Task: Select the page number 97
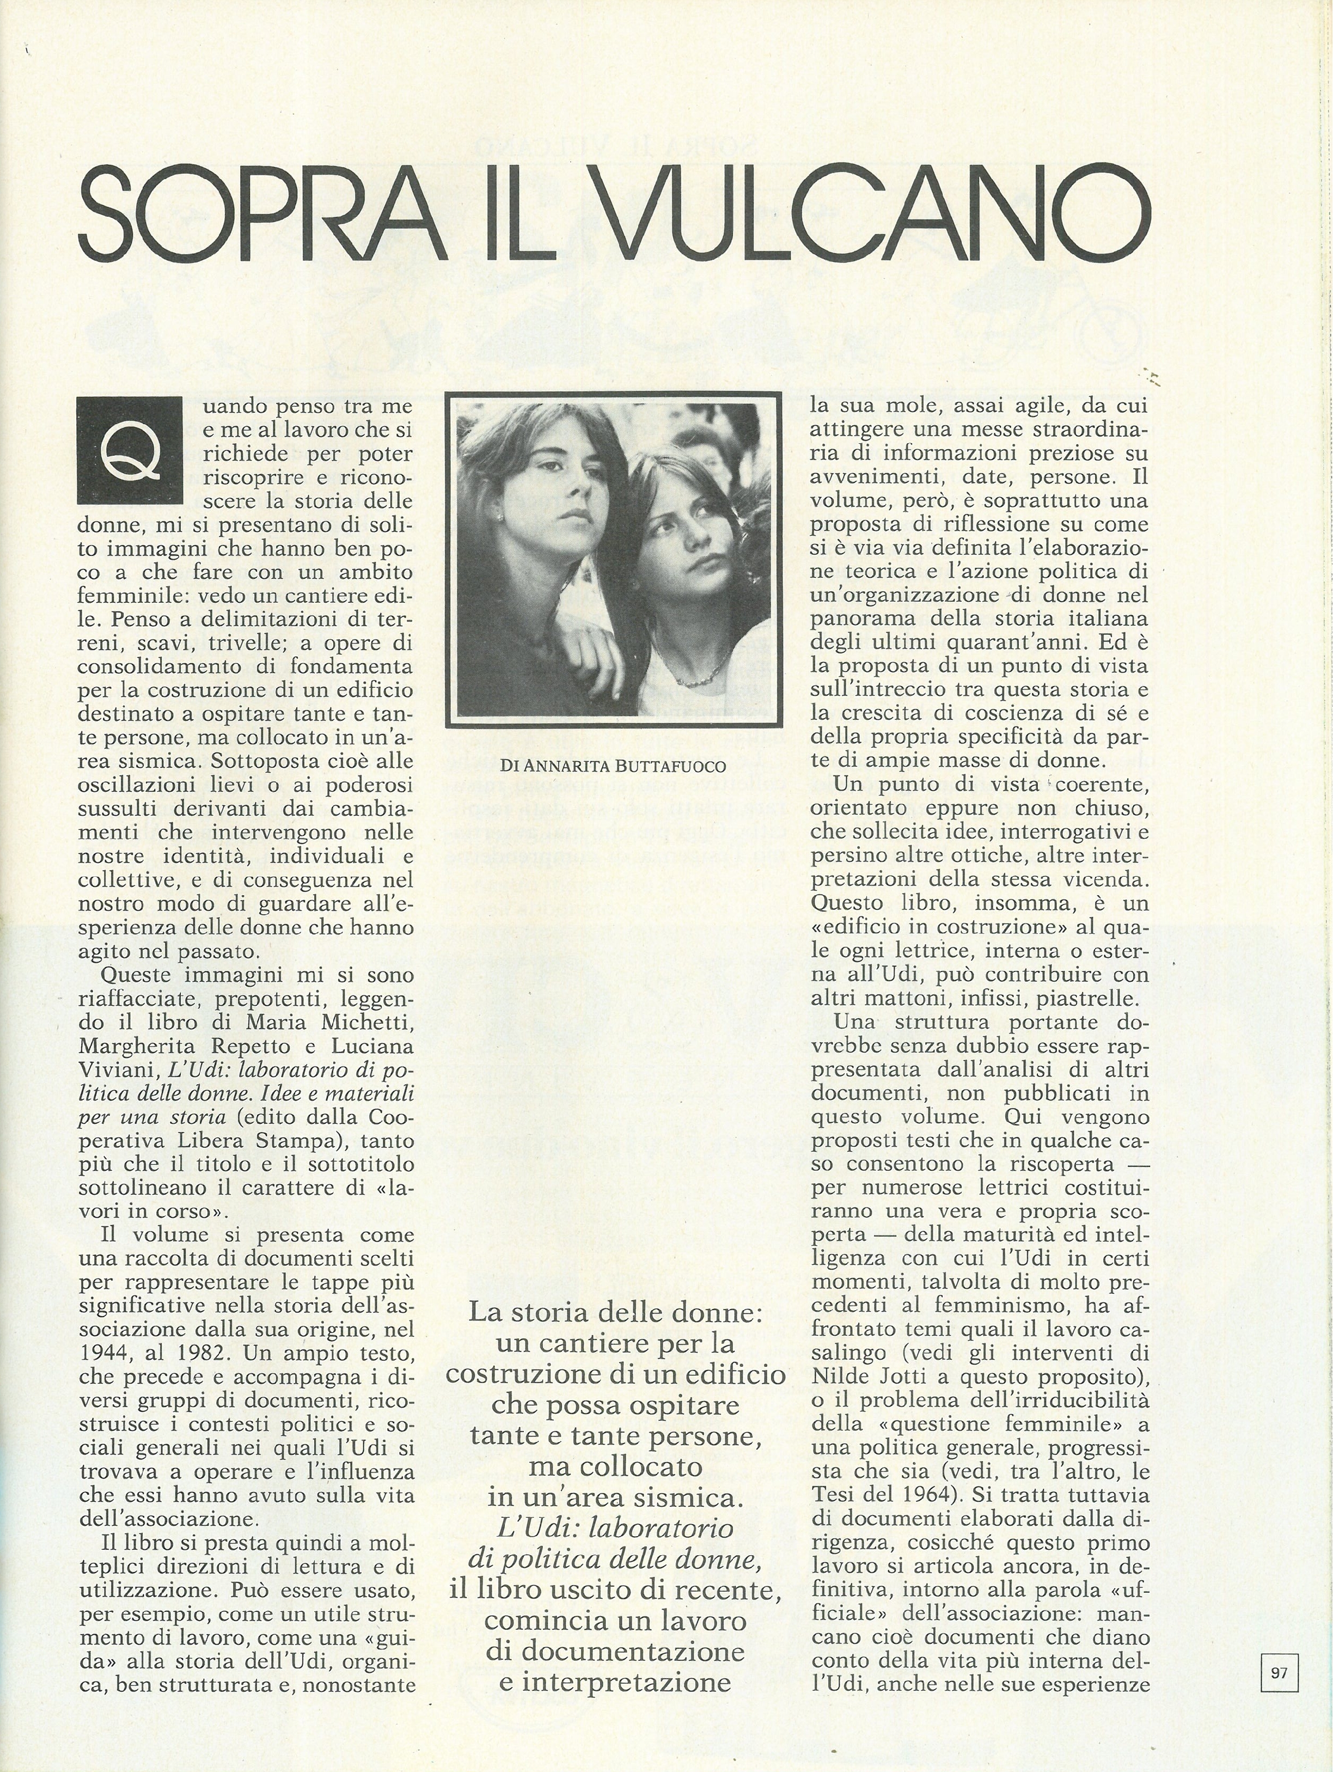click(x=1279, y=1666)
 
